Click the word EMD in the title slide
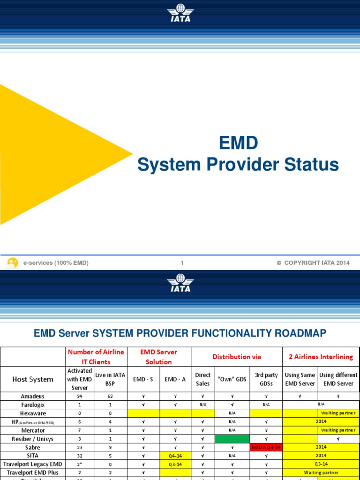(239, 143)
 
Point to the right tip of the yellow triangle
(132, 154)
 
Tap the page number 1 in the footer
(182, 263)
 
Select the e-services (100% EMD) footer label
(56, 263)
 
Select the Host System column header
(33, 379)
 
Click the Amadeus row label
(33, 396)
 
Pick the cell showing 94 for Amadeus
(79, 396)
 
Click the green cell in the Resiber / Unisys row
(232, 439)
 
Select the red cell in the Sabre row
(266, 447)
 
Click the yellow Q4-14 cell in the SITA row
(175, 456)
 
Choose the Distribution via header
(237, 357)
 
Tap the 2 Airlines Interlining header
(321, 357)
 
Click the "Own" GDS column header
(232, 379)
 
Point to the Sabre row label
(33, 447)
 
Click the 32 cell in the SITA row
(79, 456)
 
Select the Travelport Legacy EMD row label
(33, 464)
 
